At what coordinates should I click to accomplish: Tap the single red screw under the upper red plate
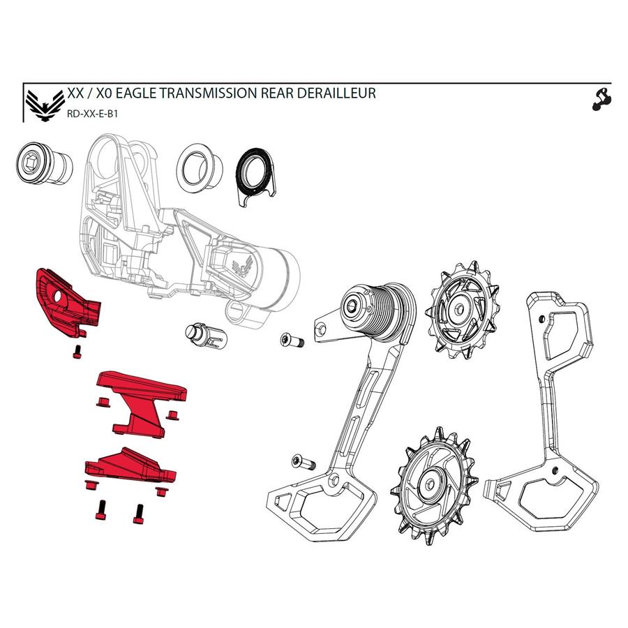pos(77,351)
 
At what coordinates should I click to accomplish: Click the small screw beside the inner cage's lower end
pos(302,462)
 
